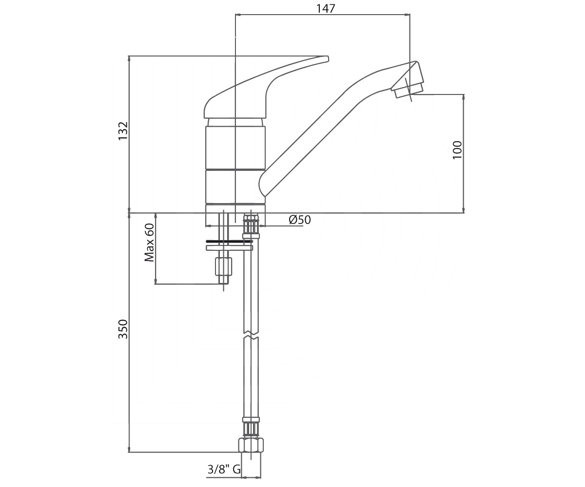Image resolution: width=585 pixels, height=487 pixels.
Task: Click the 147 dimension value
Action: pyautogui.click(x=326, y=8)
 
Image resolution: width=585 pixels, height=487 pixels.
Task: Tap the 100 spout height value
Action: pyautogui.click(x=457, y=150)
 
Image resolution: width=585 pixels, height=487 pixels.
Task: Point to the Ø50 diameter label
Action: pyautogui.click(x=300, y=220)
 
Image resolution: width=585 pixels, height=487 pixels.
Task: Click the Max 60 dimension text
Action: pyautogui.click(x=149, y=243)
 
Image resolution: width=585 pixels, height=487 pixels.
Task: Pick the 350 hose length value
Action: pyautogui.click(x=123, y=329)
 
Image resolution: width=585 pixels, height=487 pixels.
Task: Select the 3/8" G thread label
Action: pyautogui.click(x=224, y=469)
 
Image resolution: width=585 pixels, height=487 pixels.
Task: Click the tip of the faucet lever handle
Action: pyautogui.click(x=328, y=59)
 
